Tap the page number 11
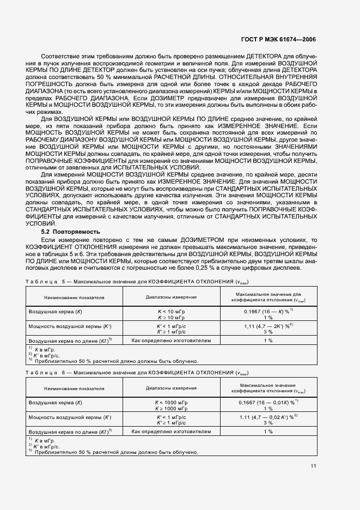pyautogui.click(x=313, y=465)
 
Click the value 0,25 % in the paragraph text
pyautogui.click(x=223, y=267)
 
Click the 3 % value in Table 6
pyautogui.click(x=268, y=423)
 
